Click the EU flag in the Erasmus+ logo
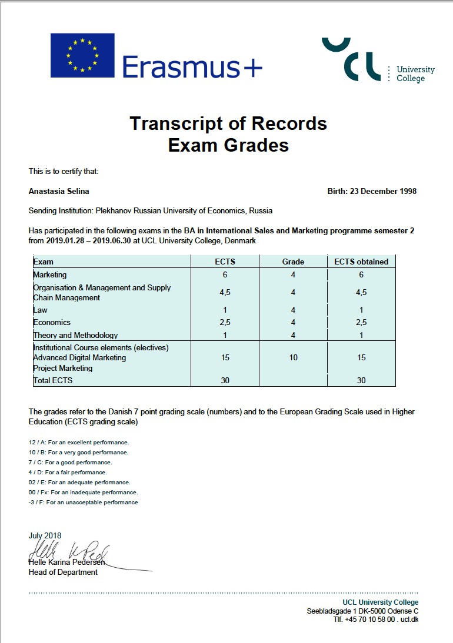pyautogui.click(x=82, y=55)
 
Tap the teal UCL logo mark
pyautogui.click(x=348, y=59)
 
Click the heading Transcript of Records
pyautogui.click(x=228, y=124)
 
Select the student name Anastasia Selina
pyautogui.click(x=59, y=191)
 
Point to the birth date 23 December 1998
pyautogui.click(x=383, y=191)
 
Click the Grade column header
pyautogui.click(x=293, y=262)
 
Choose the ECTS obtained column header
pyautogui.click(x=361, y=262)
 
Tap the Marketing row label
pyautogui.click(x=50, y=274)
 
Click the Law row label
pyautogui.click(x=41, y=310)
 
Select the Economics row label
pyautogui.click(x=52, y=322)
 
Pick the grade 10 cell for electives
pyautogui.click(x=293, y=357)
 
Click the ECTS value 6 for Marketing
pyautogui.click(x=225, y=274)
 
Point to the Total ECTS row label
pyautogui.click(x=53, y=380)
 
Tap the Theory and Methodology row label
pyautogui.click(x=75, y=335)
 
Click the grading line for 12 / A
pyautogui.click(x=79, y=442)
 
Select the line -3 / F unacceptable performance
pyautogui.click(x=84, y=503)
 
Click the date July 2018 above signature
pyautogui.click(x=45, y=535)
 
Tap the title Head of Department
pyautogui.click(x=63, y=572)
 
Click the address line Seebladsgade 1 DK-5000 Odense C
pyautogui.click(x=362, y=611)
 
